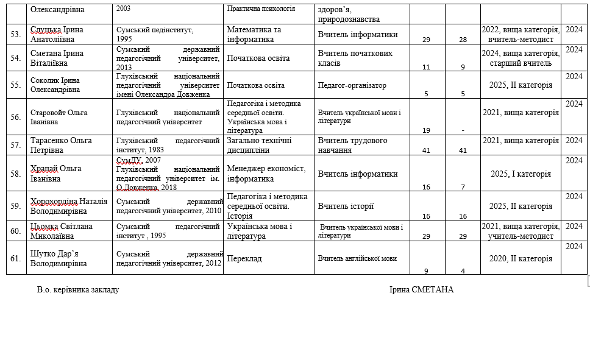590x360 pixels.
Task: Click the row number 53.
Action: (x=16, y=34)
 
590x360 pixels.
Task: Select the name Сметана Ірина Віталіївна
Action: (x=57, y=58)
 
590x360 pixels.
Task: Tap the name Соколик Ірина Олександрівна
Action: (x=55, y=85)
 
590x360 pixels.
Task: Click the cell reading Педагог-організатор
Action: (x=352, y=85)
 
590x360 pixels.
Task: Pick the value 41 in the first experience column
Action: (x=426, y=150)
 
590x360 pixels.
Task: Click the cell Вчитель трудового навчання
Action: (x=352, y=145)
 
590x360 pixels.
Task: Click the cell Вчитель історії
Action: (x=346, y=206)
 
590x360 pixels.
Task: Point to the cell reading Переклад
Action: (x=244, y=258)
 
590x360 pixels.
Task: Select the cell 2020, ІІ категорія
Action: (x=521, y=258)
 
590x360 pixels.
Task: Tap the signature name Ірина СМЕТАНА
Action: (x=421, y=289)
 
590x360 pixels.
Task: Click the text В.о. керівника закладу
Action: (x=78, y=289)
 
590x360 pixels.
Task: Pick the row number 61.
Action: (x=16, y=258)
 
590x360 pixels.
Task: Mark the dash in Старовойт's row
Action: (x=463, y=130)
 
